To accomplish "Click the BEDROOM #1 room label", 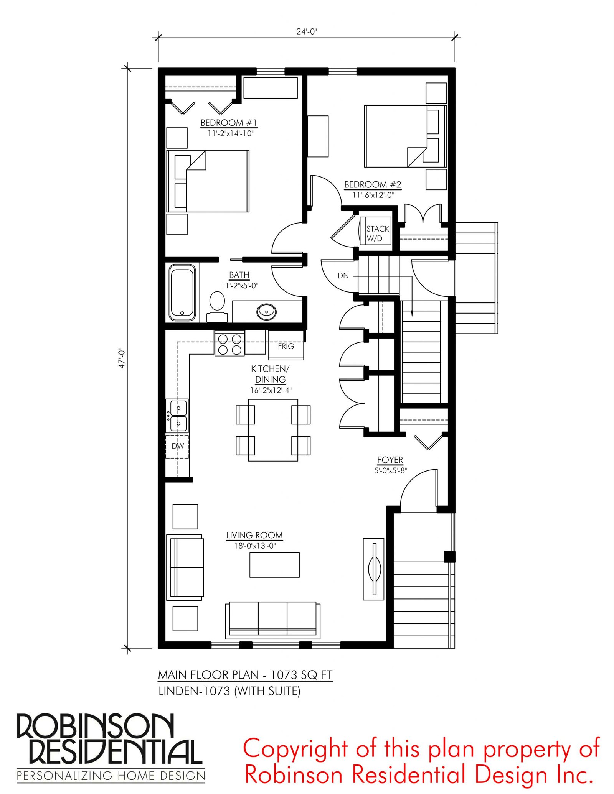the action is [229, 123].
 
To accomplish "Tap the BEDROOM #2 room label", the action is [373, 184].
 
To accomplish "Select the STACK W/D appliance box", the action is [375, 231].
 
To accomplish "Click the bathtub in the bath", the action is [182, 293].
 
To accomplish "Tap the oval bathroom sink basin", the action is [267, 311].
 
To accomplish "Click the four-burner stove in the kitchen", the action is [229, 344].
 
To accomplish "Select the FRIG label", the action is [286, 346].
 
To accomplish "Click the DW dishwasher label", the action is [178, 446].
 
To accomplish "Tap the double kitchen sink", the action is [178, 416].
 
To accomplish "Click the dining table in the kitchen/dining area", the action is [273, 430].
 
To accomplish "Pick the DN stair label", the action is [343, 275].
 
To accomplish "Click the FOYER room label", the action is [390, 460].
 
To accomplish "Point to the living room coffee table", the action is [274, 565].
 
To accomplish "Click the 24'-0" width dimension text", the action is [306, 31].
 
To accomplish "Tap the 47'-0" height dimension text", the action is [122, 358].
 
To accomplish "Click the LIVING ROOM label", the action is [254, 535].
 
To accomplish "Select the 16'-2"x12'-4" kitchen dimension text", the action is [271, 390].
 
